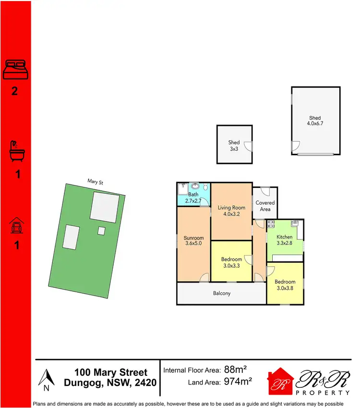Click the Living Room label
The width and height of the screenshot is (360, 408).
231,211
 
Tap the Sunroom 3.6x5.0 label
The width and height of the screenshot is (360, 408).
194,241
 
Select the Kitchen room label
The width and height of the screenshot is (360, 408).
284,240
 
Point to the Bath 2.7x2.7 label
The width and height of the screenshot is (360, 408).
193,198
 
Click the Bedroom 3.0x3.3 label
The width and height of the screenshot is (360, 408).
232,262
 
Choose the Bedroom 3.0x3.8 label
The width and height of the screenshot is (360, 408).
285,285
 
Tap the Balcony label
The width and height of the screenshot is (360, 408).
222,293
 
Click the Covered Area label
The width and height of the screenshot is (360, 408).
265,206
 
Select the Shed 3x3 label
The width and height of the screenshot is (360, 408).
234,146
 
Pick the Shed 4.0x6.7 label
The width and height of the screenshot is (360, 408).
315,121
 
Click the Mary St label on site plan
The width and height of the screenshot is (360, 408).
95,181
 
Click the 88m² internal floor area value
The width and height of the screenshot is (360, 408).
235,370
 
